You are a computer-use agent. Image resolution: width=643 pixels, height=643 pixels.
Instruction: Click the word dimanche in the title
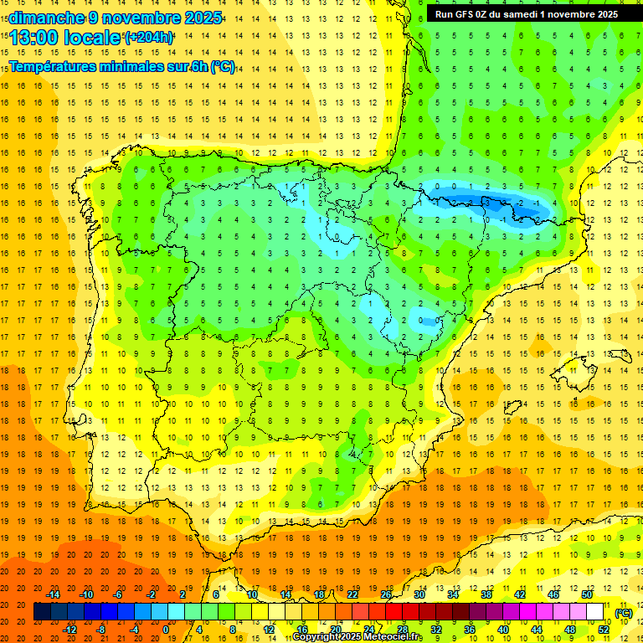point(36,18)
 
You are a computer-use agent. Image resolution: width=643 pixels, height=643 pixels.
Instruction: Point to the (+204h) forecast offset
point(148,38)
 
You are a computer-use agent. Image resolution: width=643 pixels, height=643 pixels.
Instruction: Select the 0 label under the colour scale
point(166,630)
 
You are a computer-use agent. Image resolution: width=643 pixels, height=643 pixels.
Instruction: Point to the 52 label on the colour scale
point(604,630)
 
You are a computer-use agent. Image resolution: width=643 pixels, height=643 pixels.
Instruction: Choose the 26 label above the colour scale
point(386,594)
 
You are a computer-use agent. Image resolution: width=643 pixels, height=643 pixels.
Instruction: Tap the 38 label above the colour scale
point(486,594)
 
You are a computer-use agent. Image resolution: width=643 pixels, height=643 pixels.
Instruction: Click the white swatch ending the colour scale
point(594,612)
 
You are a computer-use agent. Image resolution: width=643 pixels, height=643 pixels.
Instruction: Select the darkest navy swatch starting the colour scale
point(42,612)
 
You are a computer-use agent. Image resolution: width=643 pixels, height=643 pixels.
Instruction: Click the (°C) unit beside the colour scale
point(624,612)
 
